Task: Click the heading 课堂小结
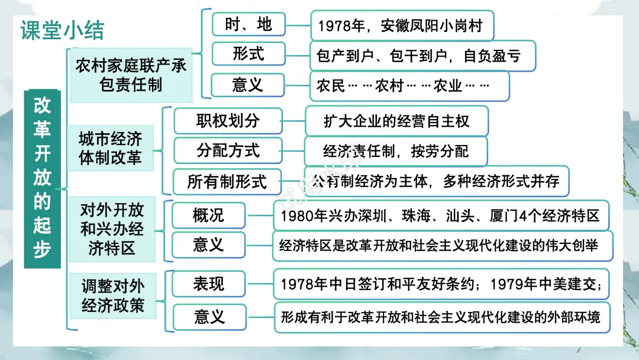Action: tap(62, 30)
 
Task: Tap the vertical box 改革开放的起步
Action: tap(42, 178)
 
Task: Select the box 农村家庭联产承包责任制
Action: tap(131, 75)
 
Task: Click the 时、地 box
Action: tap(248, 24)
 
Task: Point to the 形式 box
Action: tap(248, 54)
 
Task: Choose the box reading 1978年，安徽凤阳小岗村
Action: tap(401, 26)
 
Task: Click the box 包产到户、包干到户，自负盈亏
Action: tap(422, 56)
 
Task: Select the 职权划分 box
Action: tap(228, 121)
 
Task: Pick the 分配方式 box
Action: tap(228, 150)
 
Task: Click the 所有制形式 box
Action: tap(227, 181)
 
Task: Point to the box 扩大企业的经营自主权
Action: tap(396, 121)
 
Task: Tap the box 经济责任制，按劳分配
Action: tap(396, 151)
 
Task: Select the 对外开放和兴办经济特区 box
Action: tap(112, 229)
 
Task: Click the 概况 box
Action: tap(208, 215)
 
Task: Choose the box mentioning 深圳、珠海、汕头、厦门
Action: tap(440, 216)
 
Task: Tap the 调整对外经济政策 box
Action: tap(112, 296)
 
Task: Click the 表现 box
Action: tap(208, 284)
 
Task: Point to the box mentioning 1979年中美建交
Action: tap(440, 284)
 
